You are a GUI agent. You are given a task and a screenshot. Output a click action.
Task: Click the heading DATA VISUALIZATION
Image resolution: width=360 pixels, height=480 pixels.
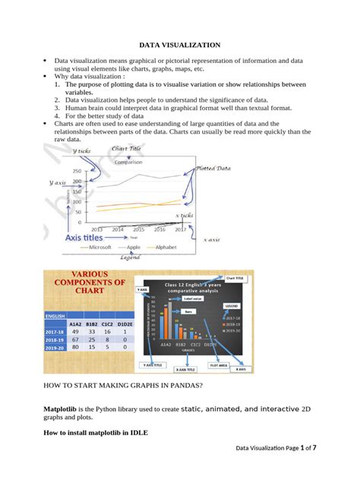[179, 46]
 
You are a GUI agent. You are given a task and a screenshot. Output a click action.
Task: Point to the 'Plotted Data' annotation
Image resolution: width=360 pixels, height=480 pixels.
[213, 169]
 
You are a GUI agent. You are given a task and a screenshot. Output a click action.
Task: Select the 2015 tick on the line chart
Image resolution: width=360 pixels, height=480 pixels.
[118, 229]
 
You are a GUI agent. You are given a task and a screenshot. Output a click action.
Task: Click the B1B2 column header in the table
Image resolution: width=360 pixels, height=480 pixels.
[92, 323]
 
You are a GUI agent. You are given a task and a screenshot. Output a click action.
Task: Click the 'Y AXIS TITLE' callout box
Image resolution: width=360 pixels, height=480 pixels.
[153, 365]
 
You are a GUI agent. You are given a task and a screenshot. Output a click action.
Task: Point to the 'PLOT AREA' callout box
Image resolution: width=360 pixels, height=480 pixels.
[219, 365]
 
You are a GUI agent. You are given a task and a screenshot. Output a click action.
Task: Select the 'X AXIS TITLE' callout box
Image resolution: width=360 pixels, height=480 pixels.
[185, 370]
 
